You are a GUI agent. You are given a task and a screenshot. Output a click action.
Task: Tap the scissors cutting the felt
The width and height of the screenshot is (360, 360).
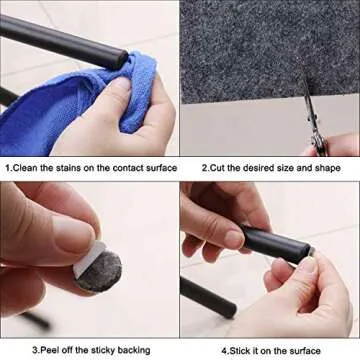pos(322,130)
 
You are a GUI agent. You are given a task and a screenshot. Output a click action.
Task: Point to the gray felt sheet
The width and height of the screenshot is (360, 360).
pos(260,50)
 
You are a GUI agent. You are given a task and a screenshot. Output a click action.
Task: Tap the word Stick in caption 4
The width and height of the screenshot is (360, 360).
pos(236,350)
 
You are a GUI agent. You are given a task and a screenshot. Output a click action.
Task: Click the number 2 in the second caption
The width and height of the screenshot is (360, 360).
pos(203,167)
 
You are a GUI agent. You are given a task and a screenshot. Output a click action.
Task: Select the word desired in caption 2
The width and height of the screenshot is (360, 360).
pos(255,167)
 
